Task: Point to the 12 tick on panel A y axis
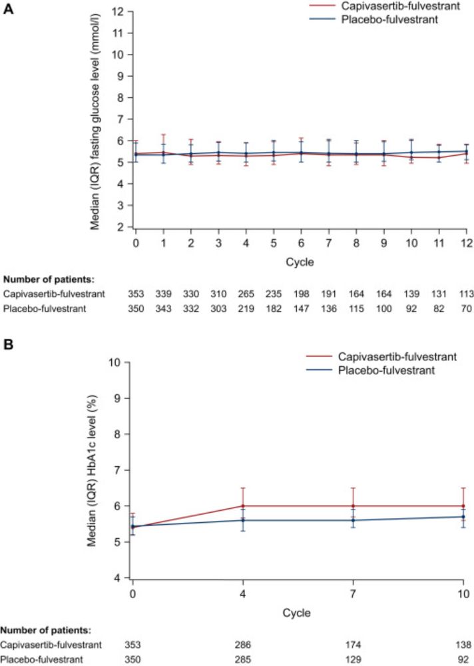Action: [119, 11]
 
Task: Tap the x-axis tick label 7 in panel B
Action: [353, 593]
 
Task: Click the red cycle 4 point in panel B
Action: [243, 506]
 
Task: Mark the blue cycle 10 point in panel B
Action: [463, 517]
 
